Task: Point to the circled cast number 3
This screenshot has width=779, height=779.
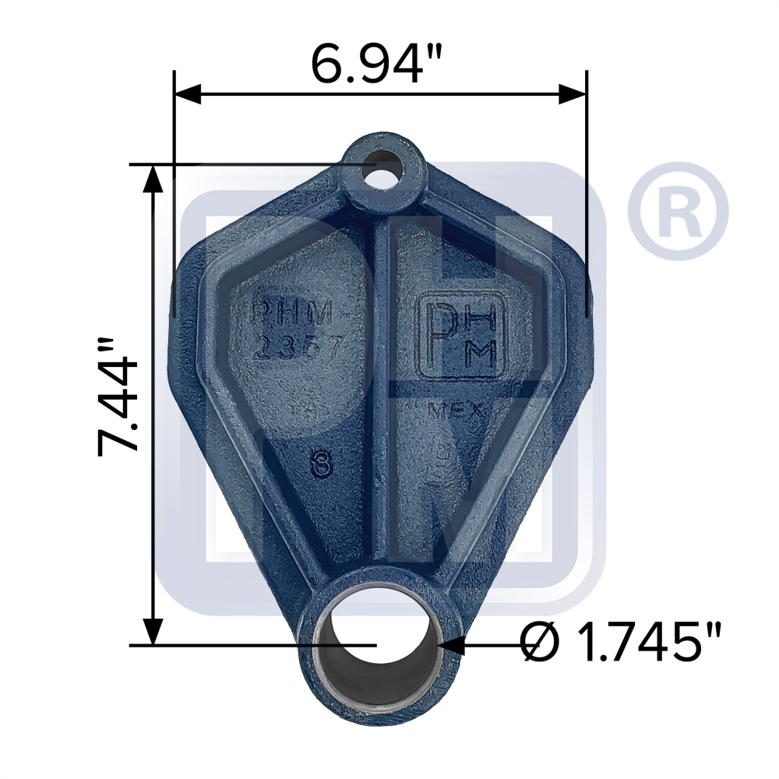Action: (x=317, y=467)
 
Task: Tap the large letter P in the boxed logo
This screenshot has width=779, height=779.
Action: (x=440, y=335)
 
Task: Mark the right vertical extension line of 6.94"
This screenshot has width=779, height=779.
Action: (x=586, y=195)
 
